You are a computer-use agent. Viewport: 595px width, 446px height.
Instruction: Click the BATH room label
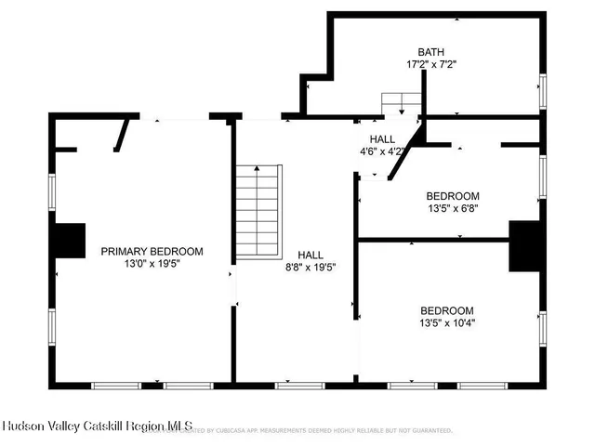(430, 52)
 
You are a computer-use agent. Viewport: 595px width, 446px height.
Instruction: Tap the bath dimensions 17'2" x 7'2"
(430, 65)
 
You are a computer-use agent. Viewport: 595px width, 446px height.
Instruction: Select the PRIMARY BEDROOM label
(152, 251)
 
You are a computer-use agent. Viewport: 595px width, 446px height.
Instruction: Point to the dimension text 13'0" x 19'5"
(152, 264)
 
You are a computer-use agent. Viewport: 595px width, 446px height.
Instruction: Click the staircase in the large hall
(258, 212)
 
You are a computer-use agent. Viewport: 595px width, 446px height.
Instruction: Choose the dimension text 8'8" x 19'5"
(311, 267)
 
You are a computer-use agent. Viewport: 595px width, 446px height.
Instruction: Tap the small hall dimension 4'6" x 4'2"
(382, 151)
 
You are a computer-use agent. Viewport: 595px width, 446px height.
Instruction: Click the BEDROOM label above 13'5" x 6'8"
(453, 195)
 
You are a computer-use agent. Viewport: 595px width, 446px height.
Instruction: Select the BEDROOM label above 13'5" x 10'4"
(447, 310)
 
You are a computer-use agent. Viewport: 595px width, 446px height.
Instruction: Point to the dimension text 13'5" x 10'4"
(447, 323)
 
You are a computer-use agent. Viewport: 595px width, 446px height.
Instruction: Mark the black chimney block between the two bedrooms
(524, 246)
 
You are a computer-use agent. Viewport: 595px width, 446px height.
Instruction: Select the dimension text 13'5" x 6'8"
(453, 208)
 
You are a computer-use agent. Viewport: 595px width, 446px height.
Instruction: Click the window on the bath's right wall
(544, 91)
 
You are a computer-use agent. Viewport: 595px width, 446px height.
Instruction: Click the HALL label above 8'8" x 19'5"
(311, 254)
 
